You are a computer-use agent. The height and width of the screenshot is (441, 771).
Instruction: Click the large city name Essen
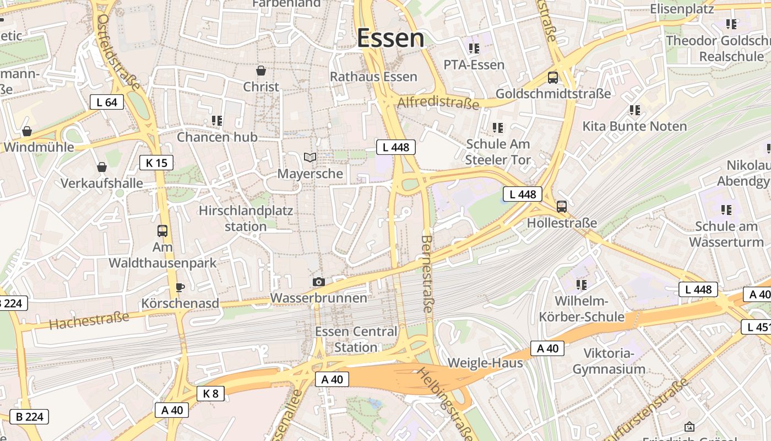[390, 38]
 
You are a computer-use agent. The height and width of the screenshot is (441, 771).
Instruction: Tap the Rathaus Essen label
[373, 77]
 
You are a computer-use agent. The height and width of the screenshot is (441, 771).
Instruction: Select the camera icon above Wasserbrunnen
[318, 282]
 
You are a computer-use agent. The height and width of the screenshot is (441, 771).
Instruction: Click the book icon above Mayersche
[310, 158]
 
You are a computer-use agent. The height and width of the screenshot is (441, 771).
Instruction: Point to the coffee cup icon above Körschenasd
[180, 287]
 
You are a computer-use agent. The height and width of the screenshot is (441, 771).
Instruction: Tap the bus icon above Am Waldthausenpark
[162, 231]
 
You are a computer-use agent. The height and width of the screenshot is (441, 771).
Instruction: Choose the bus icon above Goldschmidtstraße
[553, 78]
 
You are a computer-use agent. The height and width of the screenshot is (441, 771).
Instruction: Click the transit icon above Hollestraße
[562, 207]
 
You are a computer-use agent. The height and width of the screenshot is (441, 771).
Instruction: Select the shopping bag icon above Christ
[261, 71]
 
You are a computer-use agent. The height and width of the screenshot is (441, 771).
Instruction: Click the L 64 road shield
[107, 102]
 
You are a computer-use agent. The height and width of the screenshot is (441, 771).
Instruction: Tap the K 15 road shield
[156, 163]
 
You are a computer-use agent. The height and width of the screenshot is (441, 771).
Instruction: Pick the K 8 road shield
[210, 393]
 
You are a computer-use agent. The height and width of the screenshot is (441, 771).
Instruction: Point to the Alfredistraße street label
[438, 103]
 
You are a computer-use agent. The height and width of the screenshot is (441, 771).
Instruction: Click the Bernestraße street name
[427, 273]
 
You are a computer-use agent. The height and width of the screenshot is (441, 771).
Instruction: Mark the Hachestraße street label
[89, 320]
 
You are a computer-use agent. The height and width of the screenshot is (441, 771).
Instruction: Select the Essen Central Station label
[356, 339]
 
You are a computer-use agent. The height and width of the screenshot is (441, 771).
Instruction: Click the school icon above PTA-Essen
[474, 48]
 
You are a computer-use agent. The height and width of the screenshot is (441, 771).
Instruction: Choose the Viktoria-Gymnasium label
[609, 361]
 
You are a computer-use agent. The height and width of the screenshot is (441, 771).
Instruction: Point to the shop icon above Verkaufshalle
[102, 167]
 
